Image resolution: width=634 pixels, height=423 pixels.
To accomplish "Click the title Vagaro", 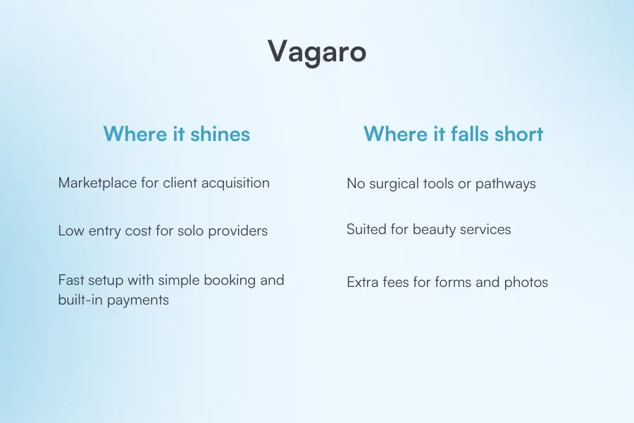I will [x=317, y=52].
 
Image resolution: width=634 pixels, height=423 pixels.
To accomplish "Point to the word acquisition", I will [x=234, y=183].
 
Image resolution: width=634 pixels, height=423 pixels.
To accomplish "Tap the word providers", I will [x=239, y=231].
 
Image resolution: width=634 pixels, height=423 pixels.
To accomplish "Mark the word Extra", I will [x=363, y=283].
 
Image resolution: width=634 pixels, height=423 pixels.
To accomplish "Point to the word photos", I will [x=526, y=283].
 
